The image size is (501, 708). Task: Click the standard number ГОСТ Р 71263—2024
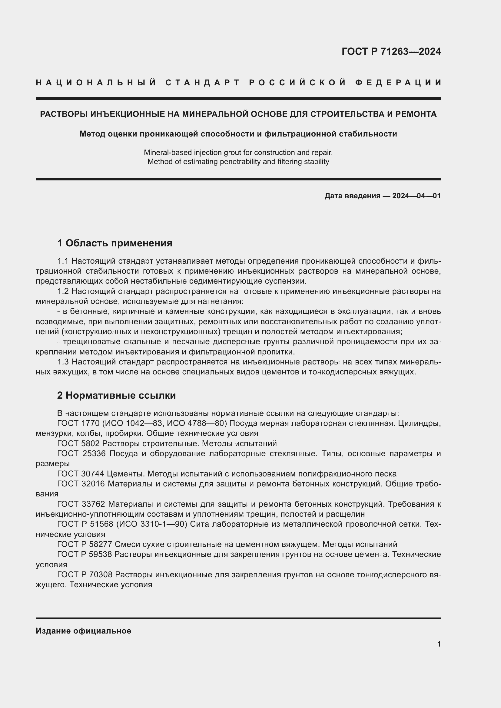click(391, 51)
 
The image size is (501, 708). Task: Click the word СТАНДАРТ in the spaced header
click(203, 83)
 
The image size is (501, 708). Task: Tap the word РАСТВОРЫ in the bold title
click(64, 114)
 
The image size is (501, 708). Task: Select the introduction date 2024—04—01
click(416, 196)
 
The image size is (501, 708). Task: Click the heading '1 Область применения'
click(115, 243)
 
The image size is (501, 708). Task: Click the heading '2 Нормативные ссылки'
click(116, 395)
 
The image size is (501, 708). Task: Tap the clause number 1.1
click(63, 261)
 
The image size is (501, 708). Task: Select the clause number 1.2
click(63, 291)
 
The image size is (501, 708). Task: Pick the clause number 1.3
click(63, 362)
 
